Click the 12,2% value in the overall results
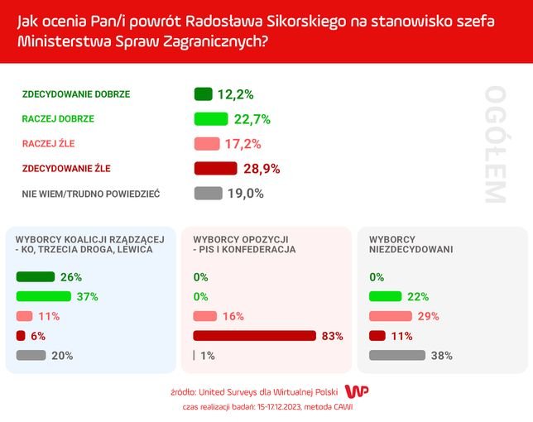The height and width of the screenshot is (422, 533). click(x=235, y=94)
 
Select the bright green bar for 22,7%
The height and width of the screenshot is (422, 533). click(x=210, y=119)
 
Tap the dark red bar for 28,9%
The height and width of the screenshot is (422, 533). click(x=220, y=169)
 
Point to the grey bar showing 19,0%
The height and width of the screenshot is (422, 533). click(x=208, y=194)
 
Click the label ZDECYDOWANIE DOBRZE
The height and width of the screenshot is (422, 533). click(x=75, y=94)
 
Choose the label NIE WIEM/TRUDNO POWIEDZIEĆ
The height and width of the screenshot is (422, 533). click(x=90, y=194)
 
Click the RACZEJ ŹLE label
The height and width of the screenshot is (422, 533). click(x=48, y=143)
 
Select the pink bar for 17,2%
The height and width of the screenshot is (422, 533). click(x=206, y=144)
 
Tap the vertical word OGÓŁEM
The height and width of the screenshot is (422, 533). click(x=494, y=144)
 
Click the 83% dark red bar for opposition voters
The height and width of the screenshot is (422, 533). click(x=255, y=336)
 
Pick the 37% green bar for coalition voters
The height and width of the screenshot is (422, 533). click(x=44, y=296)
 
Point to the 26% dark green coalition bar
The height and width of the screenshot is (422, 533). click(x=35, y=277)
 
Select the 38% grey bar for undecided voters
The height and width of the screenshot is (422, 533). click(x=396, y=356)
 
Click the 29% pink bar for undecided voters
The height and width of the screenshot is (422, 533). click(x=390, y=316)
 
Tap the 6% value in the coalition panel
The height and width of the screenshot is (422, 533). click(x=38, y=336)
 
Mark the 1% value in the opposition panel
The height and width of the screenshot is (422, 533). click(x=207, y=356)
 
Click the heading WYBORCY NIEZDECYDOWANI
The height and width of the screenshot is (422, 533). click(x=405, y=243)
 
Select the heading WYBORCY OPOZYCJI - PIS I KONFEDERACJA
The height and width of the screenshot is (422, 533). click(x=243, y=243)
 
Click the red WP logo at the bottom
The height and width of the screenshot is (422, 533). click(x=356, y=391)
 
